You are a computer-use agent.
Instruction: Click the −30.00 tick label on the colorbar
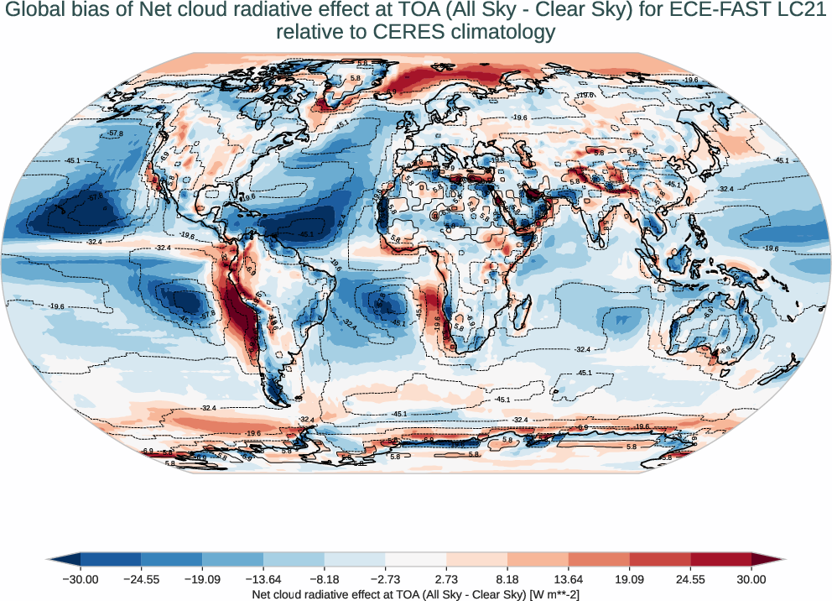coord(81,579)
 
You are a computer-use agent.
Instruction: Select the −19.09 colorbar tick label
coord(202,579)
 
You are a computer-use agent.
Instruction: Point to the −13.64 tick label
coord(263,579)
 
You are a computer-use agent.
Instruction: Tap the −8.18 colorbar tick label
coord(325,579)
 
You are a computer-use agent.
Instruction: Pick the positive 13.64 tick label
coord(569,579)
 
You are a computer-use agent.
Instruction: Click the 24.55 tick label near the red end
coord(690,579)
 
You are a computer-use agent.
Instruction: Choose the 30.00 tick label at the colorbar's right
coord(751,579)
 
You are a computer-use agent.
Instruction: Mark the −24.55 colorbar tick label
coord(142,579)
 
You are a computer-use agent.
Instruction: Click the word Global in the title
coord(33,11)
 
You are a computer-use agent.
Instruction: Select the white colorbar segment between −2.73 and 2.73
coord(416,559)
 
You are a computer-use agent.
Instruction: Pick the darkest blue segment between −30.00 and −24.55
coord(111,559)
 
